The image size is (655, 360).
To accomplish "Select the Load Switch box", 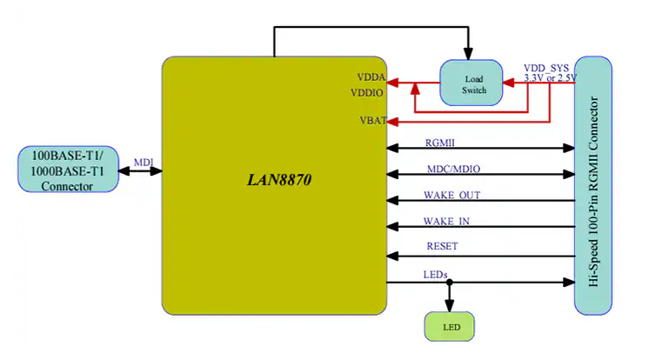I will (x=471, y=83).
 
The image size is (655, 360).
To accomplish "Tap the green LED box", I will (x=450, y=328).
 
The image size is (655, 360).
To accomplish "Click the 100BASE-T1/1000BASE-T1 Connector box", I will (x=68, y=170).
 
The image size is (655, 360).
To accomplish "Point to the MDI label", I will (x=143, y=162).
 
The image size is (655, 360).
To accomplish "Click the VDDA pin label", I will (x=371, y=77).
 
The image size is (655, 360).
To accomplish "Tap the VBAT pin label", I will (x=372, y=120).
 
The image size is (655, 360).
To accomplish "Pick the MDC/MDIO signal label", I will (x=452, y=167).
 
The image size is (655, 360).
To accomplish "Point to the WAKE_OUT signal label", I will (x=451, y=194).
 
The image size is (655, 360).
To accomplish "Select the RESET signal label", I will (x=442, y=246).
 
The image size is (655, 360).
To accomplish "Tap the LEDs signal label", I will (x=435, y=274).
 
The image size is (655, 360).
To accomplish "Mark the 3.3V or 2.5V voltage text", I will (x=550, y=78).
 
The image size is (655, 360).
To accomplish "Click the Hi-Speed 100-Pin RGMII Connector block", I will (x=593, y=185).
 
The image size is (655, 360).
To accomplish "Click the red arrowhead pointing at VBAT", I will (x=392, y=120).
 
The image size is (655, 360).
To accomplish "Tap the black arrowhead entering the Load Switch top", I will (x=470, y=55).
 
